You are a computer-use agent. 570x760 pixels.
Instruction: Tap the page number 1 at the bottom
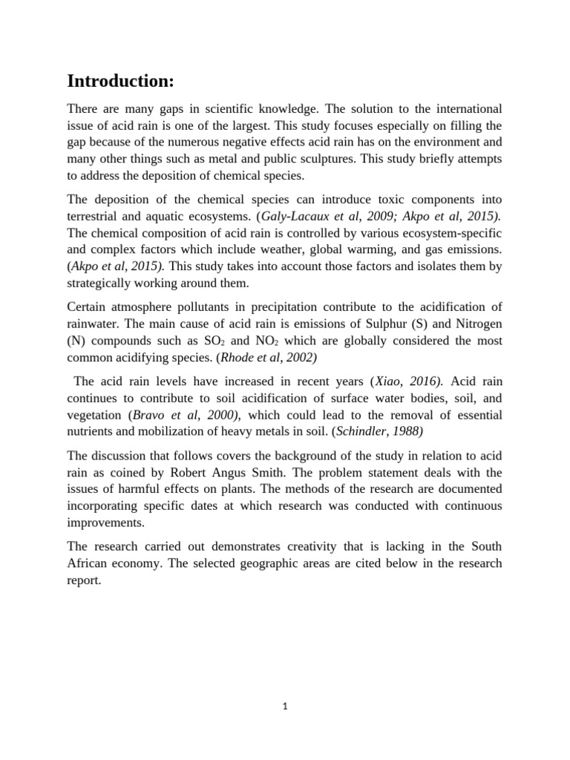click(x=284, y=707)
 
